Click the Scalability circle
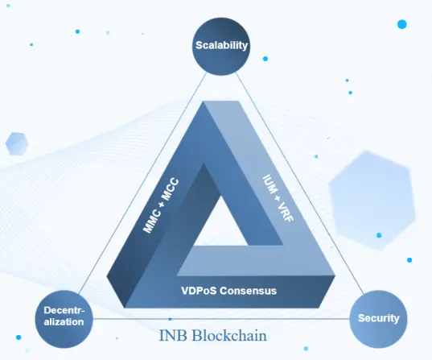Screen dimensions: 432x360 point(221,47)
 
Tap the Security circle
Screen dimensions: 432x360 point(378,319)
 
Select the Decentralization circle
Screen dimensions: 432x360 point(64,319)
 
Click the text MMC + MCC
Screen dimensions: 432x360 point(161,206)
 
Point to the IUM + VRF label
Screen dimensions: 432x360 point(278,198)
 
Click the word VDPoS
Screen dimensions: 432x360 point(199,291)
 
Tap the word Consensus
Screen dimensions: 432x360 point(249,291)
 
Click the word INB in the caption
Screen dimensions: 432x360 point(173,336)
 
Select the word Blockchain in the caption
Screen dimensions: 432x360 point(229,336)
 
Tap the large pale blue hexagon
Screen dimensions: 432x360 point(372,201)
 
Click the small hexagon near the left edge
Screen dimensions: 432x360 point(17,143)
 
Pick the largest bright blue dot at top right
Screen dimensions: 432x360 point(402,24)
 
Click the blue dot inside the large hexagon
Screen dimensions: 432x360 point(379,235)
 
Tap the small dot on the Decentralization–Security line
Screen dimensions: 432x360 point(170,319)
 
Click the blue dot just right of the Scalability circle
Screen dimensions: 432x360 point(265,59)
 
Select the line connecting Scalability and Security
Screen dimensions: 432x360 point(300,183)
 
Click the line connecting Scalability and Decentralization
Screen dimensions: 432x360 point(142,183)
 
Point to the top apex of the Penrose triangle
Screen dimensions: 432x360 point(204,101)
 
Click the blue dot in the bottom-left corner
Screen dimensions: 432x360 point(19,337)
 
